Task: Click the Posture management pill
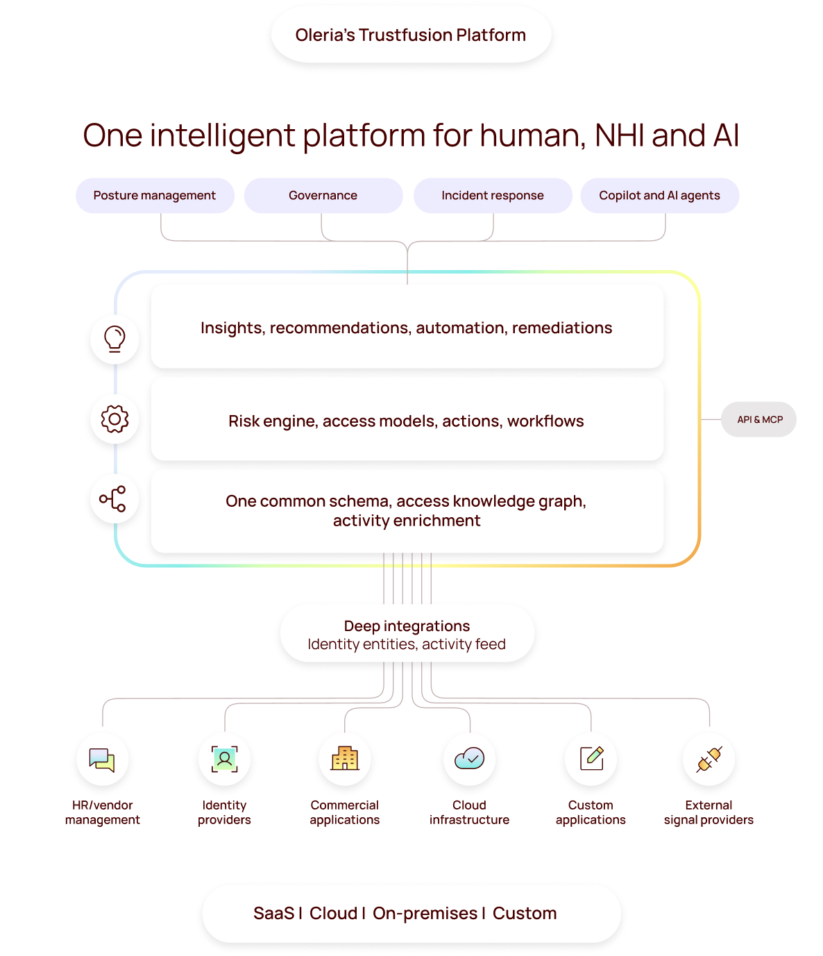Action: (155, 196)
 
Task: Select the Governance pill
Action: (323, 196)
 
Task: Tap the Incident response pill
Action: (493, 196)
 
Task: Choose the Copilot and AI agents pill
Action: (659, 196)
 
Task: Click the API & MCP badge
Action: (759, 419)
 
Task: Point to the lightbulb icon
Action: (114, 339)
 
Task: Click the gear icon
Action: (114, 419)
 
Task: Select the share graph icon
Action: (113, 498)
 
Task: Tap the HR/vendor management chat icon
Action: (102, 760)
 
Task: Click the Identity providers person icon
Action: (224, 759)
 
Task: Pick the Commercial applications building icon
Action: (345, 758)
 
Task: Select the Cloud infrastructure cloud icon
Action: (470, 758)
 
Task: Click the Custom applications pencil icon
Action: (591, 758)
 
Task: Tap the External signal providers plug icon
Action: (709, 759)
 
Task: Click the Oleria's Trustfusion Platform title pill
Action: (411, 35)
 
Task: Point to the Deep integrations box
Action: (407, 635)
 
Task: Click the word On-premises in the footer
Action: (425, 913)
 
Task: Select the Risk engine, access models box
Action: (407, 421)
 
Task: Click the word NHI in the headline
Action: (620, 135)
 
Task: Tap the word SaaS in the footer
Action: (273, 913)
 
